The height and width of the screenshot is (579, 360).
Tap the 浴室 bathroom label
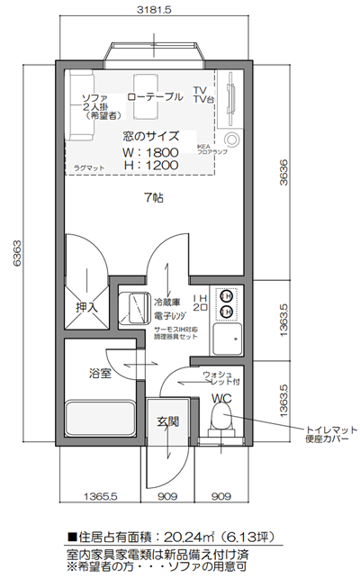(99, 372)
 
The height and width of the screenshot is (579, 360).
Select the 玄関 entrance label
(167, 421)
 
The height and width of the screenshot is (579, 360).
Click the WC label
(221, 398)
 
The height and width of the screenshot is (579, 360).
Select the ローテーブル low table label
(154, 95)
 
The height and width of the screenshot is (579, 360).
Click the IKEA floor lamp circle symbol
(233, 140)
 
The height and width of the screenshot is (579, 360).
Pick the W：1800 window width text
(150, 151)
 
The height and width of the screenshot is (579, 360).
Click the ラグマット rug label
(90, 167)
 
